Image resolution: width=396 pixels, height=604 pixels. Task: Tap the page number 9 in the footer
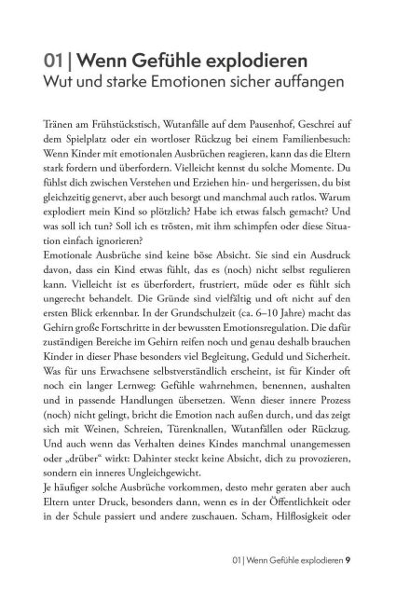(348, 587)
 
